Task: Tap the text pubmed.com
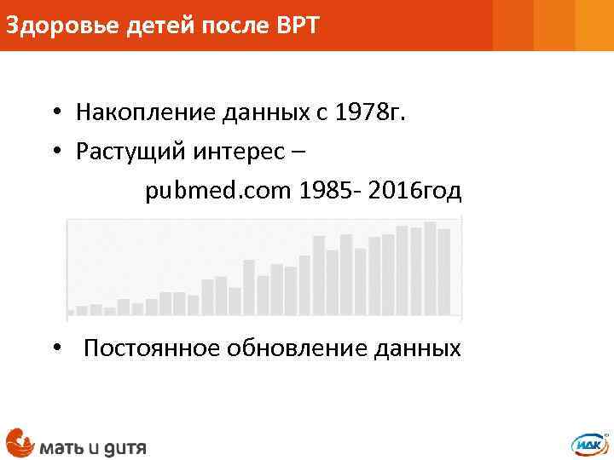tap(218, 191)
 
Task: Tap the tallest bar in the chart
tap(430, 268)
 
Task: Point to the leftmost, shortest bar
tap(71, 313)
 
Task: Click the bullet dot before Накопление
tap(54, 112)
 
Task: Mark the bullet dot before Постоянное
tap(54, 349)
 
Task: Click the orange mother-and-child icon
tap(19, 441)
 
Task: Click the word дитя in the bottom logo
tap(125, 445)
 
